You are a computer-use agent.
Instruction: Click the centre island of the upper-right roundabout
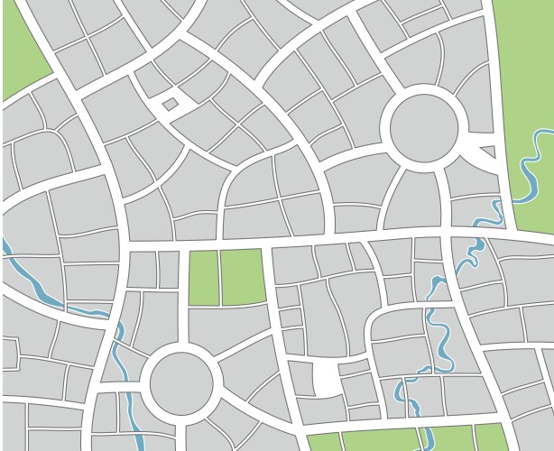pos(426,127)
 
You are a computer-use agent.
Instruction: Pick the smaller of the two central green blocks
pos(202,278)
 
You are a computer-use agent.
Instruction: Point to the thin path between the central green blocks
pos(219,278)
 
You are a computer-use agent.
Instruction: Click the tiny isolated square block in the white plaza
pos(170,104)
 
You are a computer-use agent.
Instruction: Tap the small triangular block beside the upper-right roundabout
pos(487,152)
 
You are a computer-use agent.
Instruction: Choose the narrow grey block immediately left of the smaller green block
pos(169,269)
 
